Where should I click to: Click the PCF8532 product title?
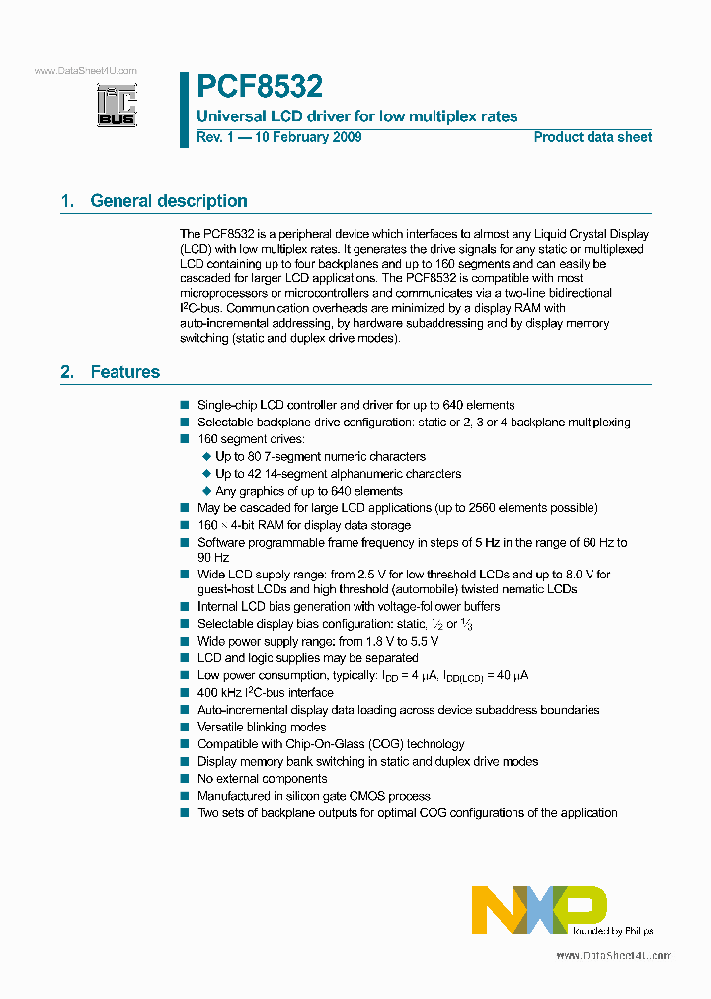coord(260,87)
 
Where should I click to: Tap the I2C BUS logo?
coord(117,105)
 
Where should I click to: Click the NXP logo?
coord(539,909)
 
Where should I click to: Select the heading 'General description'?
coord(168,201)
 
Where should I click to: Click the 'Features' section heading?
coord(124,372)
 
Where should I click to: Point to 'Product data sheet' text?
coord(592,137)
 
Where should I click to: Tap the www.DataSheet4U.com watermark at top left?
coord(85,71)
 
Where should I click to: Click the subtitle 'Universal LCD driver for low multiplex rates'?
coord(357,116)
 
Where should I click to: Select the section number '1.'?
coord(68,201)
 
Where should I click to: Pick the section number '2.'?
coord(68,372)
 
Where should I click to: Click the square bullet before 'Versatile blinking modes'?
coord(184,728)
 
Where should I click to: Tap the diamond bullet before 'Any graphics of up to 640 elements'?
coord(206,491)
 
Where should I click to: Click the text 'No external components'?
coord(262,779)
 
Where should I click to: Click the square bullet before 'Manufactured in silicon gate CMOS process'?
coord(184,796)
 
